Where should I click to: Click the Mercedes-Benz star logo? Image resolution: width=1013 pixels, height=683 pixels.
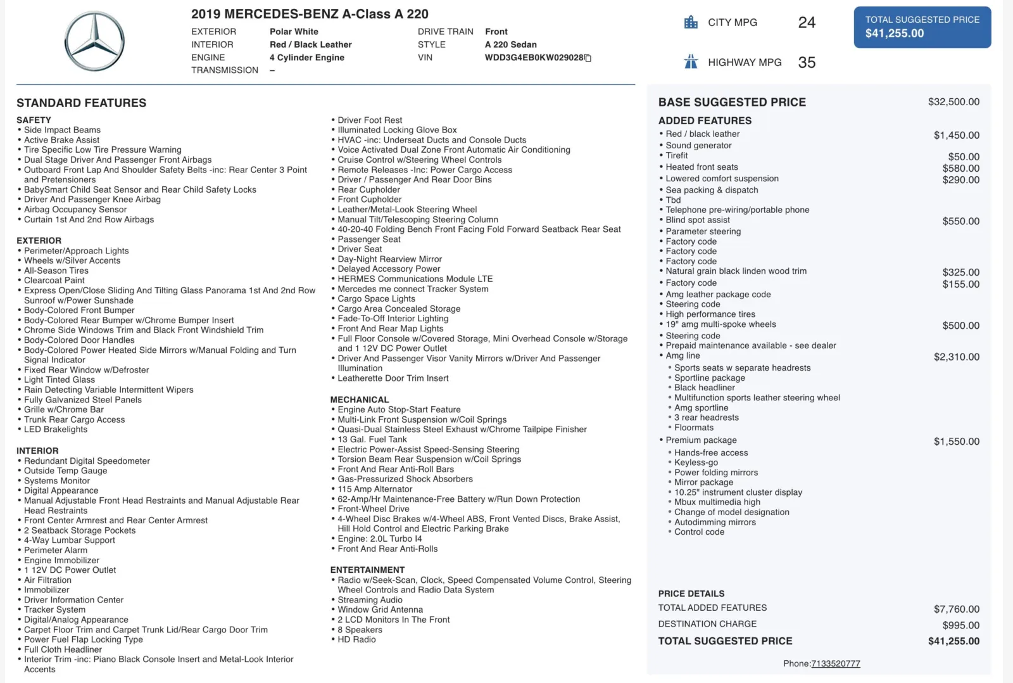click(x=94, y=42)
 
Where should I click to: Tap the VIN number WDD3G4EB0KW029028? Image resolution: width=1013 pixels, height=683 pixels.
click(x=534, y=58)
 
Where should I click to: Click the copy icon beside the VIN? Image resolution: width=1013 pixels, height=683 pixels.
click(x=588, y=58)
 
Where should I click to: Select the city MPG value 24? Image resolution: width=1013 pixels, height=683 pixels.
click(x=807, y=23)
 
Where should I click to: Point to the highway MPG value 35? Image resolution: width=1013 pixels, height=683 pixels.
click(x=807, y=63)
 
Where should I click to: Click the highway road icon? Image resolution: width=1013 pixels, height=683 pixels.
click(x=691, y=62)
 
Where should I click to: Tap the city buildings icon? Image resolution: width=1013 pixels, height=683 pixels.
click(x=691, y=22)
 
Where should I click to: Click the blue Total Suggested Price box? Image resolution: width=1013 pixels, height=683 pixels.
click(x=922, y=27)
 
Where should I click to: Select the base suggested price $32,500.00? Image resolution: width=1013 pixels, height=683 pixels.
click(x=953, y=102)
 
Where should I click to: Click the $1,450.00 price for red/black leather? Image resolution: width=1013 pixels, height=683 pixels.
click(x=956, y=136)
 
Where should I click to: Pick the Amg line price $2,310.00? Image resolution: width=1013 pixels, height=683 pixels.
click(x=956, y=357)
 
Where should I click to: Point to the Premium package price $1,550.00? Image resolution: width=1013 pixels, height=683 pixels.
click(x=956, y=442)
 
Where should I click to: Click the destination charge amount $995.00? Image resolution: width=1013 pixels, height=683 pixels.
click(x=960, y=625)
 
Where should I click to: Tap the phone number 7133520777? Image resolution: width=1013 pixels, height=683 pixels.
click(x=835, y=663)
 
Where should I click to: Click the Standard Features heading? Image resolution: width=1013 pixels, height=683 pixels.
click(x=81, y=103)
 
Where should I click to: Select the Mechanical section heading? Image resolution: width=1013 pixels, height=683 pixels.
click(x=360, y=400)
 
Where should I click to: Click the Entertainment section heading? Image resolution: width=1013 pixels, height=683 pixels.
click(x=367, y=570)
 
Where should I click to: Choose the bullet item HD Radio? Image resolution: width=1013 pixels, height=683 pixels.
click(x=356, y=640)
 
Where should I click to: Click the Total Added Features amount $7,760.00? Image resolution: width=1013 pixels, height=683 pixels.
click(x=956, y=610)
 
